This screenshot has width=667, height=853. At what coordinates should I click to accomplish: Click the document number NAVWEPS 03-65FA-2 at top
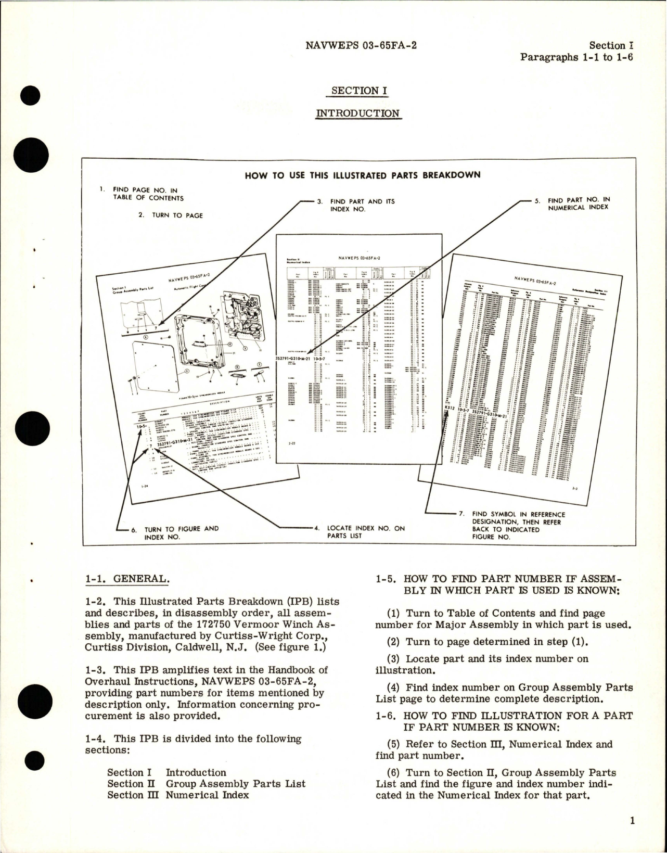[x=361, y=45]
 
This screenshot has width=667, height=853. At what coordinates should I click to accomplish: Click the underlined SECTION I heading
[x=359, y=91]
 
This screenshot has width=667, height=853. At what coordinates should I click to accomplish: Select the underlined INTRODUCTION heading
[x=358, y=113]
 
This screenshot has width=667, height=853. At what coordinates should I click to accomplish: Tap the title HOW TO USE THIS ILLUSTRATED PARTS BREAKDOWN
[x=362, y=175]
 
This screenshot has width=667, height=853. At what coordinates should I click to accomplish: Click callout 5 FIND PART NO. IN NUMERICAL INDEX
[x=578, y=203]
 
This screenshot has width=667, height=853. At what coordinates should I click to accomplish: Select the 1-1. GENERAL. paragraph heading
[x=127, y=579]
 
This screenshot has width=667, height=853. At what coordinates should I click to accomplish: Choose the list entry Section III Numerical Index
[x=178, y=795]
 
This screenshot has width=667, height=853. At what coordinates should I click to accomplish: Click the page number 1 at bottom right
[x=632, y=821]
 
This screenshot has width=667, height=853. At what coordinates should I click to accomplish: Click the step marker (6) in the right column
[x=388, y=773]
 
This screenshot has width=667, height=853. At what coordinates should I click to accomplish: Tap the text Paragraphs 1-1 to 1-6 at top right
[x=576, y=57]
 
